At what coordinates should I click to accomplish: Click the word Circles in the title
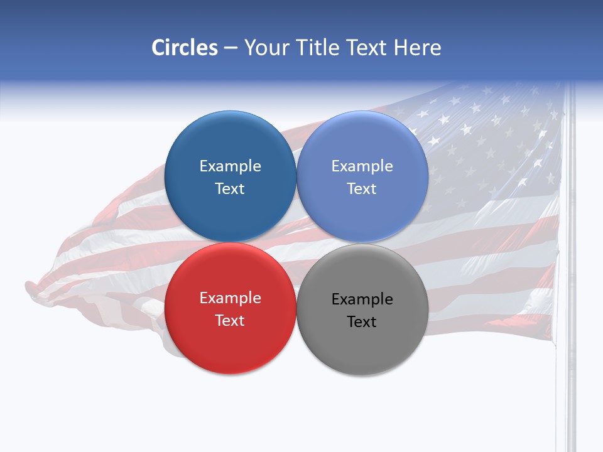click(184, 48)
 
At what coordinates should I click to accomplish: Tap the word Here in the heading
click(418, 48)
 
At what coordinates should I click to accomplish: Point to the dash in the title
click(231, 48)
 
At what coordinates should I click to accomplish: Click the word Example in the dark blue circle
click(230, 166)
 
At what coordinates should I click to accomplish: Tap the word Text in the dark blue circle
click(230, 188)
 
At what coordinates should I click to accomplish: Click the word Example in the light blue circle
click(362, 166)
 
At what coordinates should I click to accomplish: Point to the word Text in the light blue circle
click(362, 188)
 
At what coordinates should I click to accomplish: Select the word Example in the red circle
click(230, 298)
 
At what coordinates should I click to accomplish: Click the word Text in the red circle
click(230, 320)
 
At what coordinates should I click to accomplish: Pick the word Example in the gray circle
click(362, 299)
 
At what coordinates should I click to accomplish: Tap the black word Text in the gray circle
click(362, 321)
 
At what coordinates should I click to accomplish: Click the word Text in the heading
click(367, 48)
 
